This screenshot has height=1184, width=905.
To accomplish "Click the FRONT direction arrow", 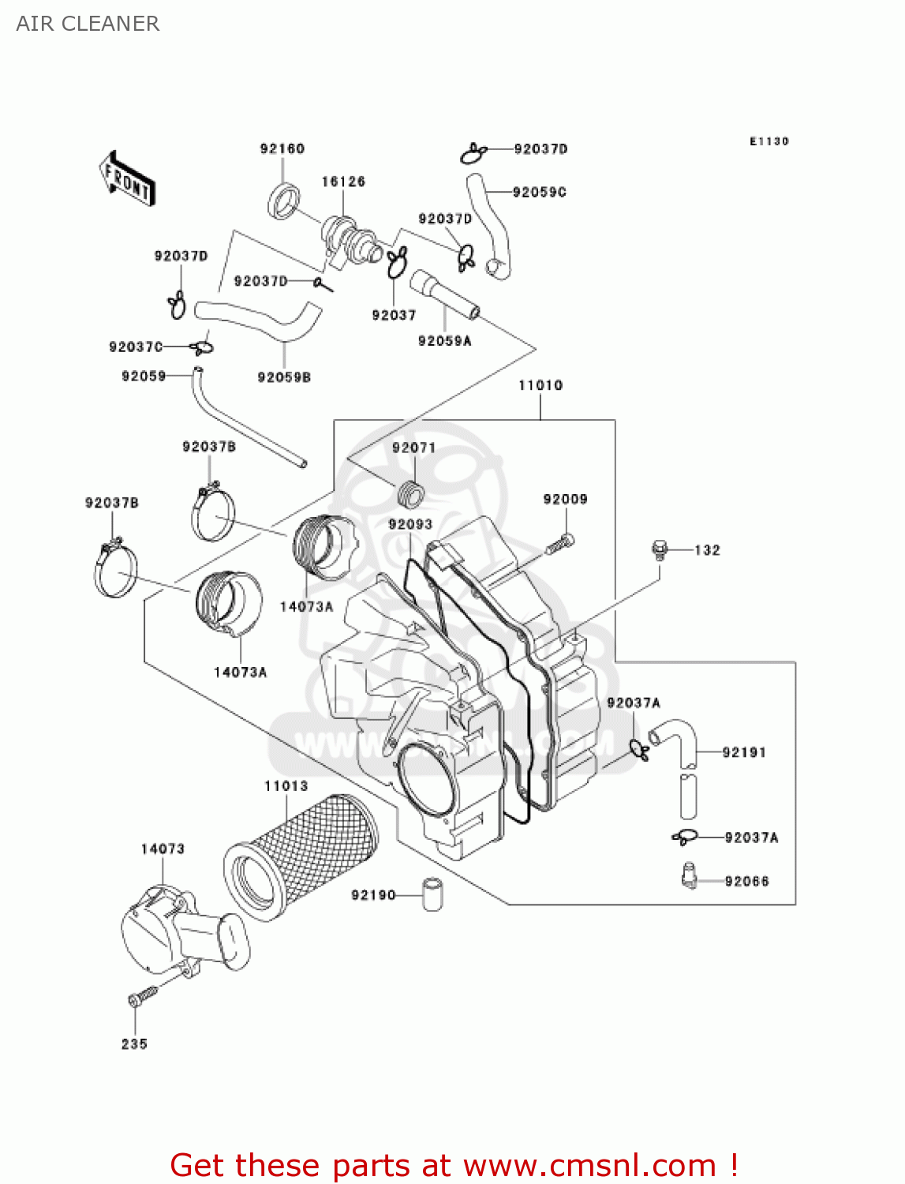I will click(x=127, y=179).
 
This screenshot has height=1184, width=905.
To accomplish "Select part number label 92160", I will click(x=282, y=148).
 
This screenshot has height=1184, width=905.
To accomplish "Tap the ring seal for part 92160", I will click(x=284, y=200).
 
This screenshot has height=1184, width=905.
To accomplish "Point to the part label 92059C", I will click(x=540, y=192).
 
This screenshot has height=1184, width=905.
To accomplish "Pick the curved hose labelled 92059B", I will click(x=260, y=319).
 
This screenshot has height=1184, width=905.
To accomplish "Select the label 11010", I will click(x=540, y=385).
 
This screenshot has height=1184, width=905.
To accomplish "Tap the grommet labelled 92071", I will click(x=409, y=494).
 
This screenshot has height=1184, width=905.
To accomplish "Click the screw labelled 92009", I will click(x=560, y=544).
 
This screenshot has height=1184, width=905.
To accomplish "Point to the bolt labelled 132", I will click(x=660, y=549).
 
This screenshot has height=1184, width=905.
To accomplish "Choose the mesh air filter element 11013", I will click(x=300, y=856).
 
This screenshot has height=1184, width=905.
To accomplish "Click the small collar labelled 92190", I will click(x=432, y=894).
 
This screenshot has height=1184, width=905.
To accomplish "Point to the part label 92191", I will click(x=744, y=752).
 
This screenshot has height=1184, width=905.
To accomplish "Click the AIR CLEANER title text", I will click(x=88, y=24).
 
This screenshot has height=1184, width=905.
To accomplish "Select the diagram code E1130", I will click(x=769, y=141).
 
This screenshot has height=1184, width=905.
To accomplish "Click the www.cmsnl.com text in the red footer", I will click(x=589, y=1165).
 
